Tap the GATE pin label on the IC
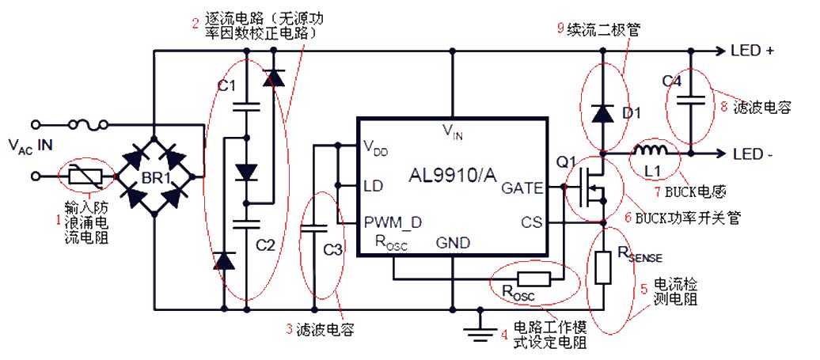pyautogui.click(x=522, y=188)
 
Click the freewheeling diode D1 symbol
pyautogui.click(x=602, y=113)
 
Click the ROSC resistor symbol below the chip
pyautogui.click(x=533, y=279)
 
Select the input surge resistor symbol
pyautogui.click(x=83, y=176)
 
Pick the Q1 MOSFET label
pyautogui.click(x=566, y=162)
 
